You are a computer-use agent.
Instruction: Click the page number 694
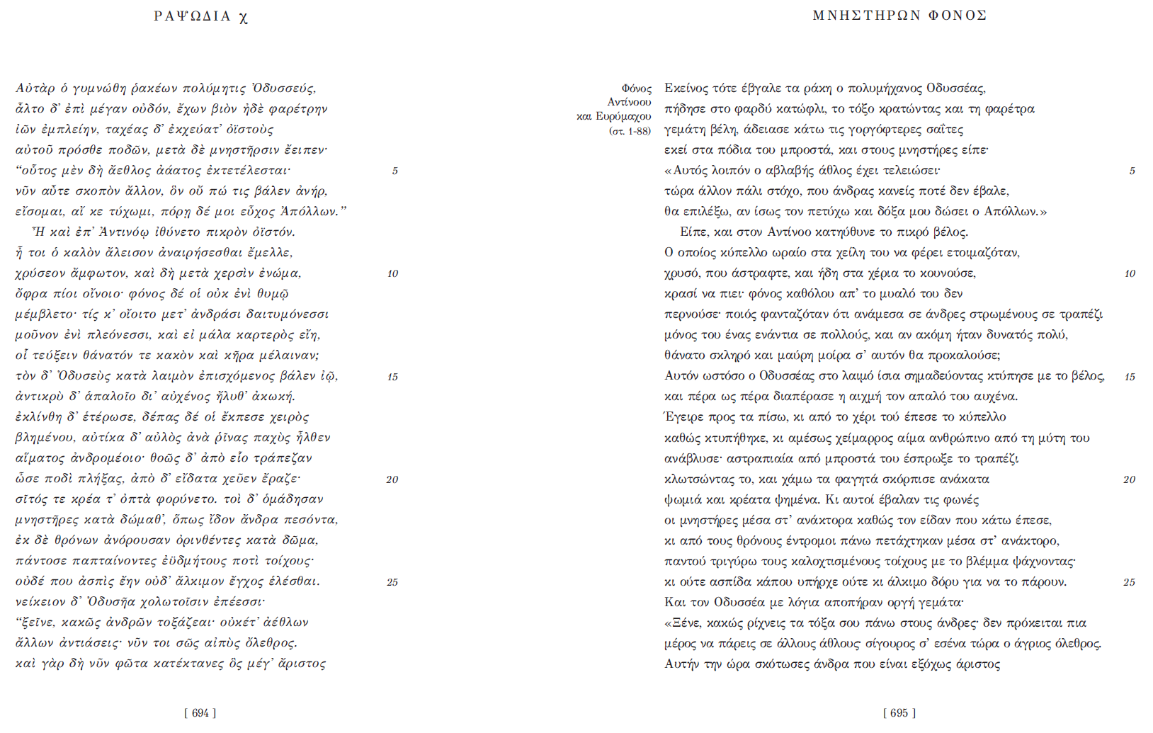[x=200, y=713]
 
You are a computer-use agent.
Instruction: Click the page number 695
[x=899, y=713]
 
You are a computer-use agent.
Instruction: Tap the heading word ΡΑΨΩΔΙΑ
[x=192, y=16]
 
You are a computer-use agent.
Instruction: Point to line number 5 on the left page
[x=394, y=171]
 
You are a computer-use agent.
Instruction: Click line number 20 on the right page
[x=1129, y=479]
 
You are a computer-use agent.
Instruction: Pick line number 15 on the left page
[x=392, y=377]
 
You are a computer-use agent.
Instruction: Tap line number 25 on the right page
[x=1129, y=582]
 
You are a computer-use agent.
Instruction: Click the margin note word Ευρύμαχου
[x=623, y=116]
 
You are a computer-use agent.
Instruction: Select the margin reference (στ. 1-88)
[x=630, y=131]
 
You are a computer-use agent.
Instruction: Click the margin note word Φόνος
[x=636, y=89]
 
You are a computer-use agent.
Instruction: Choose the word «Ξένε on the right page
[x=686, y=623]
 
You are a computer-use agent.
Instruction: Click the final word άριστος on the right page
[x=977, y=664]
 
